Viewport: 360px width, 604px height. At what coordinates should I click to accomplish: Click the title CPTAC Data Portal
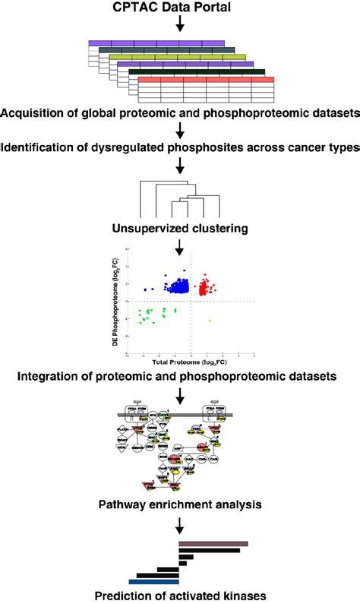click(180, 8)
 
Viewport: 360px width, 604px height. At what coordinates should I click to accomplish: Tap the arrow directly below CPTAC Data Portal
click(180, 25)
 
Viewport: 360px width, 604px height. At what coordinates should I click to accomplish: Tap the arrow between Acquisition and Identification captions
click(180, 130)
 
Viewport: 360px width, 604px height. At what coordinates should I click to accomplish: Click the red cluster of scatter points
click(206, 288)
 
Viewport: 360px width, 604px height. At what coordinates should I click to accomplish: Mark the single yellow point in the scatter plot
click(210, 321)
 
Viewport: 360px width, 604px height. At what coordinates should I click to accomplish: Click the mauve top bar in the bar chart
click(213, 544)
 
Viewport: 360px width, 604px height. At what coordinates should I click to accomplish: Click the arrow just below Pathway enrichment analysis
click(180, 523)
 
